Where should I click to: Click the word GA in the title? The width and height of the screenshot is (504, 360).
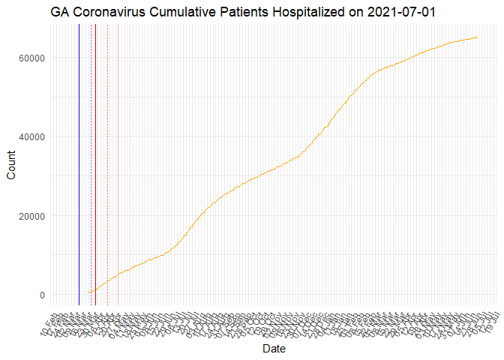pos(61,13)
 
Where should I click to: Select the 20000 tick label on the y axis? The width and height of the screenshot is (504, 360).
pos(32,216)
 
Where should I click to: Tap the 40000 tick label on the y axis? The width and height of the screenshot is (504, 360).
pos(32,136)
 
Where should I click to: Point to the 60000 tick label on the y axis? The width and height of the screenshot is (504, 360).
pos(32,58)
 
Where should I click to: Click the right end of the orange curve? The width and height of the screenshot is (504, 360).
pos(478,37)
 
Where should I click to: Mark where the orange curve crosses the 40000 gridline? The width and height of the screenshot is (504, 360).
pos(317,136)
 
